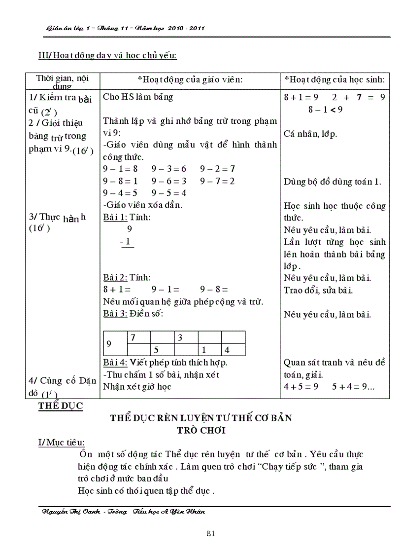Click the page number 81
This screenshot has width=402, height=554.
(210, 533)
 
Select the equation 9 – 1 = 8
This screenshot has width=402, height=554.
(120, 169)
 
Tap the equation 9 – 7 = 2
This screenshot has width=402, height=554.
(217, 181)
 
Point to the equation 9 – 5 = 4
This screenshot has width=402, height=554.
(168, 193)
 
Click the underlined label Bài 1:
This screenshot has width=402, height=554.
(115, 217)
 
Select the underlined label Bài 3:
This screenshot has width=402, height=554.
(115, 314)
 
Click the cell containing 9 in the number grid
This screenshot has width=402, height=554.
(109, 343)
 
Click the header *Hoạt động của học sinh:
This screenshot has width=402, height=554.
(335, 79)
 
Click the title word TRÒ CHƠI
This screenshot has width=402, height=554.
(201, 430)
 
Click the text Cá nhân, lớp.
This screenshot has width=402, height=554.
(310, 133)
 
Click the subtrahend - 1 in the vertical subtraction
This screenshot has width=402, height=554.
(127, 241)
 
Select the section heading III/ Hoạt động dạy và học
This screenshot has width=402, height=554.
(107, 55)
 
